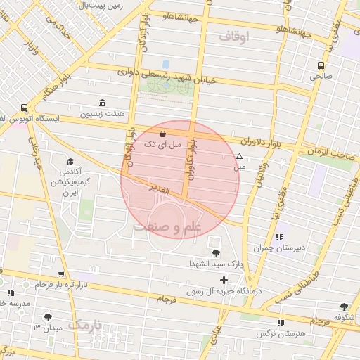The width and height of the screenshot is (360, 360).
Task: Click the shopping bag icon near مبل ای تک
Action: coord(163,132)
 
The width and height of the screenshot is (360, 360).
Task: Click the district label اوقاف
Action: coord(234,36)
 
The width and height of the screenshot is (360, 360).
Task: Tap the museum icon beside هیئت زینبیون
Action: coord(103,102)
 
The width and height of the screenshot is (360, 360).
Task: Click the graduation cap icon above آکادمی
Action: coord(70,161)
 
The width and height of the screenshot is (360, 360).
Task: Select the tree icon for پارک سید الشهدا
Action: coord(215,252)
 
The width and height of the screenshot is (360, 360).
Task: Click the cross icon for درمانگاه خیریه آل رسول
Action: coord(224,281)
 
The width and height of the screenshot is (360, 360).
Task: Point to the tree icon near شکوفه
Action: coord(344,306)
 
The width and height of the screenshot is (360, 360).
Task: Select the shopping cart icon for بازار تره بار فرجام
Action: coord(62,274)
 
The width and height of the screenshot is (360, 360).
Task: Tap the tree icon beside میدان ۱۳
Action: coord(49,318)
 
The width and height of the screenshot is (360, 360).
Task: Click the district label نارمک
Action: coord(85,326)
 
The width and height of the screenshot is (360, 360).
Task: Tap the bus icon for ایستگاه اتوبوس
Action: coord(25,108)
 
